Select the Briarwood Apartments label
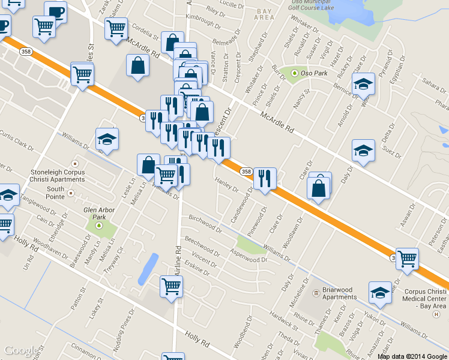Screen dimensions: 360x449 coord(340,293)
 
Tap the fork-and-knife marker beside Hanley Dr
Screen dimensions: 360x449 coord(264,178)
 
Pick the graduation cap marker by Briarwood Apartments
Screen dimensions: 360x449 coord(380,293)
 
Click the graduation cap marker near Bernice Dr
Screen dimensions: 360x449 coord(363,84)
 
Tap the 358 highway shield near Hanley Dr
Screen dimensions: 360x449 coord(246,172)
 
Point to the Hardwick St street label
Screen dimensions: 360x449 coord(283,321)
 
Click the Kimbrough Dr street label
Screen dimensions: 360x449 coord(203,20)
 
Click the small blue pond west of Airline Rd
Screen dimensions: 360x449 coord(147,269)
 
